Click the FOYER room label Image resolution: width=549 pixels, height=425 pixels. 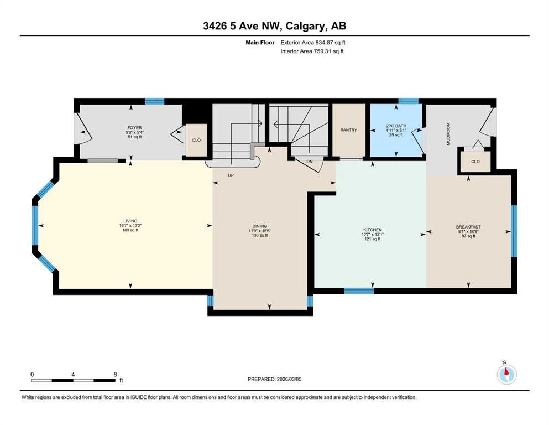click(134, 128)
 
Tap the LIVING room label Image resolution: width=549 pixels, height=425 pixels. click(130, 221)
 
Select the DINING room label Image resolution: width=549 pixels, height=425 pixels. click(260, 226)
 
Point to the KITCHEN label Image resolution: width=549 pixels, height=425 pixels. click(372, 230)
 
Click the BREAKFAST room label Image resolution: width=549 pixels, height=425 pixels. click(468, 227)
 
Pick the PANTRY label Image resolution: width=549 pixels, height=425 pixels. click(349, 130)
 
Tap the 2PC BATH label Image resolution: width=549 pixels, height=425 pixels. click(396, 126)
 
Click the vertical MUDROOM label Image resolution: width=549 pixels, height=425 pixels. click(448, 133)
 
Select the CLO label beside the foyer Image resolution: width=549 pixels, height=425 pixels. click(196, 140)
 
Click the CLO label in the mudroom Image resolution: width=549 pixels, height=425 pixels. click(475, 162)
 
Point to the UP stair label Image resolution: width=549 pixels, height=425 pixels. click(231, 175)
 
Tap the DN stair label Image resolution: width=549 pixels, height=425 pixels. click(309, 162)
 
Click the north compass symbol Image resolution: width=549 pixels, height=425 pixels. click(506, 374)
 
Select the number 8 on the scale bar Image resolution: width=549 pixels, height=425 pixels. click(115, 374)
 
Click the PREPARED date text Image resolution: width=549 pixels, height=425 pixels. click(274, 379)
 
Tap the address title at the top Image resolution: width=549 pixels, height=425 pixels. click(275, 26)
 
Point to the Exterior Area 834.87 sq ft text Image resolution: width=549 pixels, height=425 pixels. click(313, 43)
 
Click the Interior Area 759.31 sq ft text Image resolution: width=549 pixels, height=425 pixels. click(312, 51)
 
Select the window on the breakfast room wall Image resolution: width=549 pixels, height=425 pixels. click(514, 231)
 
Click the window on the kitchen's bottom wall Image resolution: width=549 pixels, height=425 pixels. click(359, 291)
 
